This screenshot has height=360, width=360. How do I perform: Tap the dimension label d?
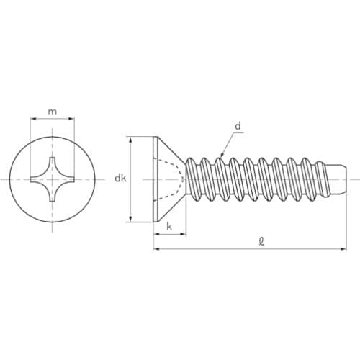click(238, 126)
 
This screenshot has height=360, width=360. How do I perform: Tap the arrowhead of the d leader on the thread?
click(222, 156)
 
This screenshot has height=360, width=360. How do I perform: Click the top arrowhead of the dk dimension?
click(130, 139)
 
